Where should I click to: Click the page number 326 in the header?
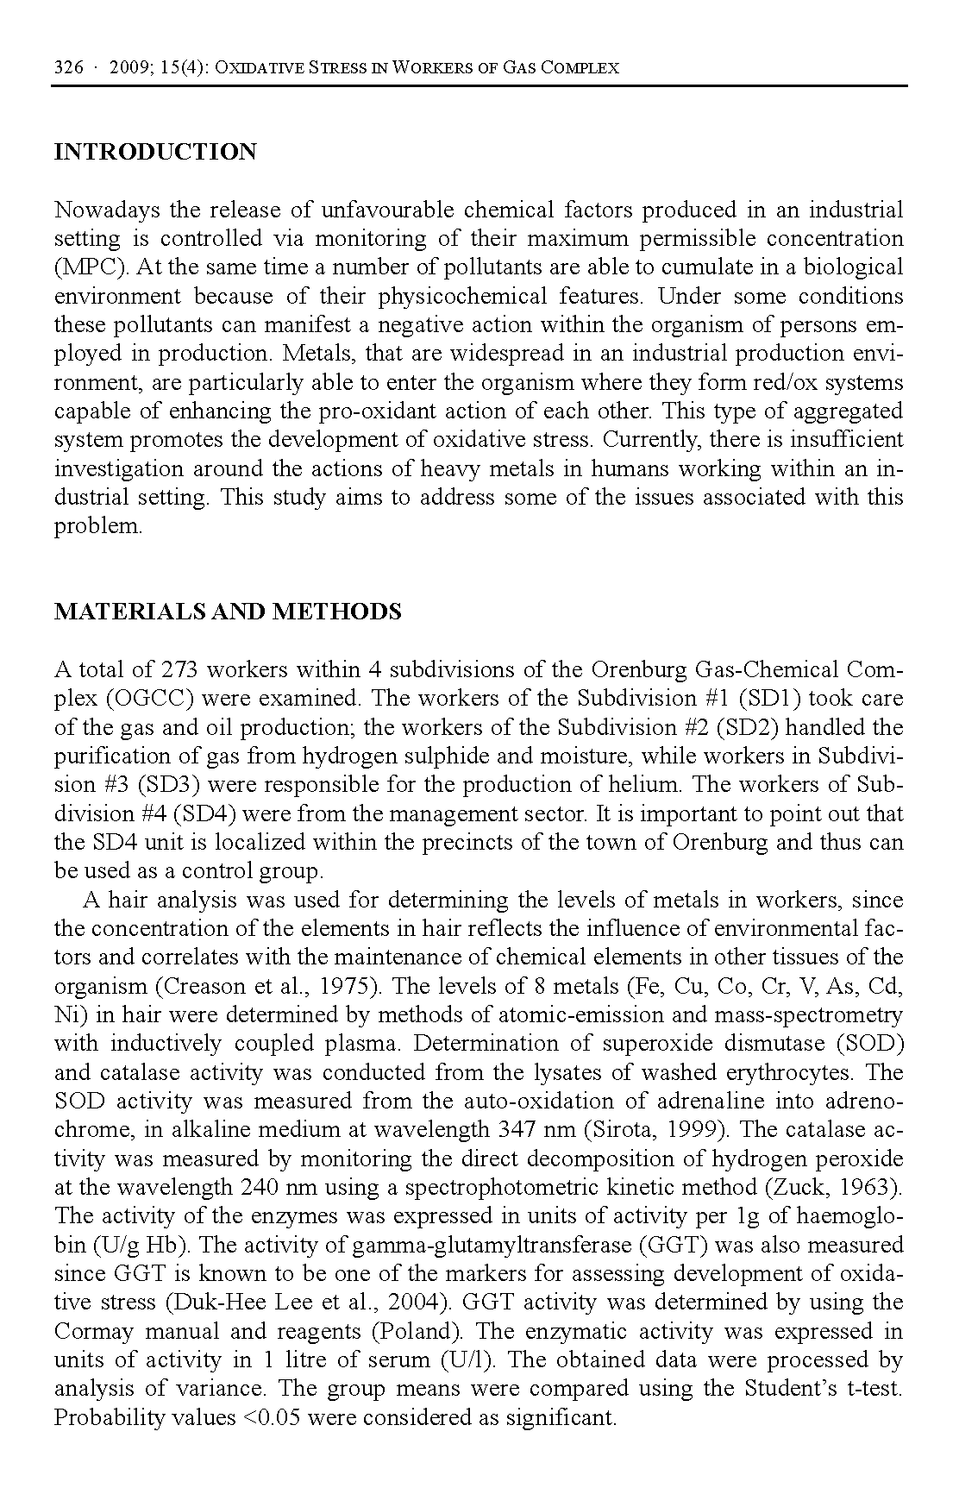pos(68,67)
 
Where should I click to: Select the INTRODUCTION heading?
pos(155,153)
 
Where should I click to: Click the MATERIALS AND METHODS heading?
pos(228,612)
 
